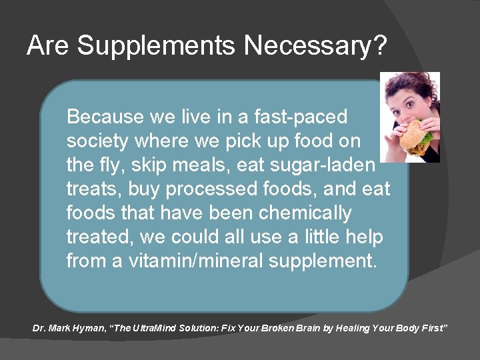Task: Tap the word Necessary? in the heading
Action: tap(315, 46)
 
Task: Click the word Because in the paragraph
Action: tap(105, 117)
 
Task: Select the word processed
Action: tap(207, 189)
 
